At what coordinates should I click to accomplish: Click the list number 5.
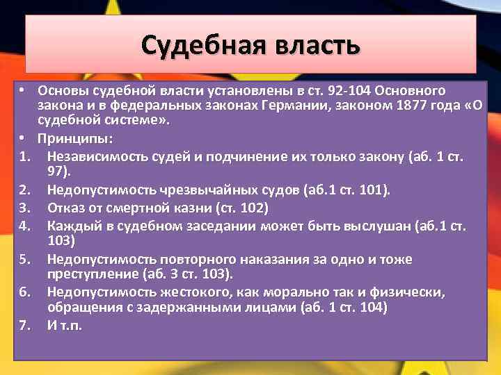pos(24,259)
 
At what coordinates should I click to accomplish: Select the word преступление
pos(90,273)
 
